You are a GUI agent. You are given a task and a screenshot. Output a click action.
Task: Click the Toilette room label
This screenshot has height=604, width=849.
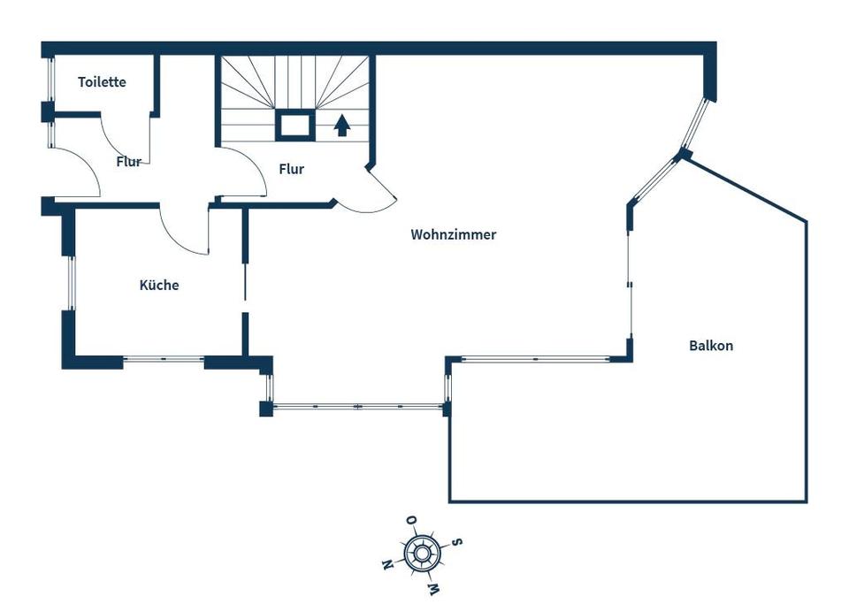(x=102, y=81)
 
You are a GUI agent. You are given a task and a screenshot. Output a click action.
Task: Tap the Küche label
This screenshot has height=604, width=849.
(x=159, y=285)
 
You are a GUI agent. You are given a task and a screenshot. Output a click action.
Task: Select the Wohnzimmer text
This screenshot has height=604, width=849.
(x=453, y=234)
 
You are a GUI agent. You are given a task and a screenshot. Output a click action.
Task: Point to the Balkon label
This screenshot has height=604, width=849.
(x=711, y=345)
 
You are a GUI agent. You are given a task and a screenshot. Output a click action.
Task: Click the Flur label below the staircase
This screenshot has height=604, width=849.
(x=291, y=169)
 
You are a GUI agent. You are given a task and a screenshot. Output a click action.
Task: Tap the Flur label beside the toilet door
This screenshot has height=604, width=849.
(x=128, y=161)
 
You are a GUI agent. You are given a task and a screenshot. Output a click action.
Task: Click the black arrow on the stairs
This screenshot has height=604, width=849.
(x=342, y=125)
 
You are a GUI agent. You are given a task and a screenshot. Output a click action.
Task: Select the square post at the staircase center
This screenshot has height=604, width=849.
(x=295, y=125)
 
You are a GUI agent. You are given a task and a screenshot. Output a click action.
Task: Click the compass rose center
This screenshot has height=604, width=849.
(x=421, y=554)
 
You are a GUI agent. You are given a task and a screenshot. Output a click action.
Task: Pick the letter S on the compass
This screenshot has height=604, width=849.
(x=457, y=541)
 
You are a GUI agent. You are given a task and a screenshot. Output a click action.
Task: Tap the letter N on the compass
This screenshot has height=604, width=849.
(x=386, y=566)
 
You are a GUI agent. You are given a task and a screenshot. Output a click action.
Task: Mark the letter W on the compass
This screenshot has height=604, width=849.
(x=433, y=588)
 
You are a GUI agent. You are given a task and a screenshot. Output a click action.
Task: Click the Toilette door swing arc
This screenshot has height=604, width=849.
(x=114, y=147)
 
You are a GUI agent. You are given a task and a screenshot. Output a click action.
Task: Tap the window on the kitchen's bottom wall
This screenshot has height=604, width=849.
(x=164, y=358)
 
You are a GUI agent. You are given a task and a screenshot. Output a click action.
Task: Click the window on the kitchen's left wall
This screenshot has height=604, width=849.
(x=72, y=283)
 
